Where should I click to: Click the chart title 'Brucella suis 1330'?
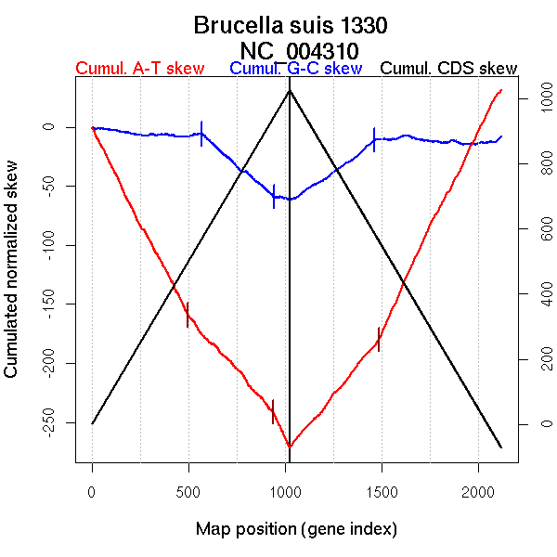point(290,25)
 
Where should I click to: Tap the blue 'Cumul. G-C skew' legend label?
point(295,69)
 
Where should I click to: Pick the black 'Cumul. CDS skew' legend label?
point(449,69)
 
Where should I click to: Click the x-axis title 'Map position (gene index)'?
point(296,529)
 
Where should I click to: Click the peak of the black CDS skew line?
point(290,90)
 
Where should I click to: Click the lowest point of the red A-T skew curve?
point(290,447)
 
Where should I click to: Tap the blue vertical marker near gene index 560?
point(201,133)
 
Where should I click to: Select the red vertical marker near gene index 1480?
point(379,340)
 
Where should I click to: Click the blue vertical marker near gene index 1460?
point(374,139)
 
